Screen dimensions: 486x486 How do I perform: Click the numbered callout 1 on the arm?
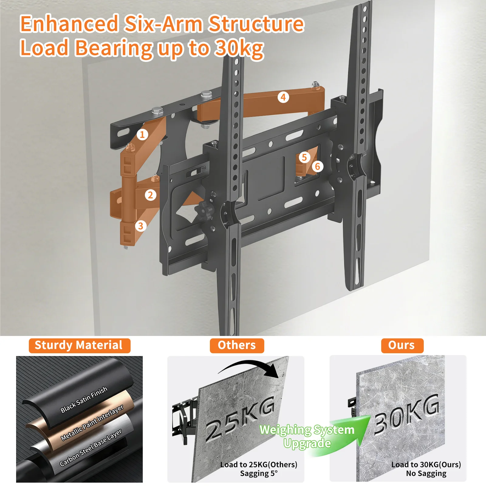(x=142, y=134)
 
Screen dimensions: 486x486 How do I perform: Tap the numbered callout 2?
(x=150, y=195)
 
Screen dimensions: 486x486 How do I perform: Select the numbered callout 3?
(x=140, y=226)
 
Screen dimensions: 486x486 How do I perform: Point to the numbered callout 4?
(x=283, y=97)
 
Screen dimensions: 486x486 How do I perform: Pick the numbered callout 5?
(x=304, y=157)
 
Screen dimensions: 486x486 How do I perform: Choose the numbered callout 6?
(x=317, y=166)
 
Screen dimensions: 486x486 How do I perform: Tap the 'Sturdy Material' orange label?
(x=80, y=346)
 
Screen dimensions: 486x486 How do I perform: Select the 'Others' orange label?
(x=237, y=346)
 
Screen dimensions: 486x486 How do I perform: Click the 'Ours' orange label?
(x=402, y=346)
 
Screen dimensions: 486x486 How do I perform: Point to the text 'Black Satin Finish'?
(x=84, y=399)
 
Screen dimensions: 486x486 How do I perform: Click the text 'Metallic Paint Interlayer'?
(x=92, y=423)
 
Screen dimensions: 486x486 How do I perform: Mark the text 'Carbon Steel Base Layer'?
(x=91, y=447)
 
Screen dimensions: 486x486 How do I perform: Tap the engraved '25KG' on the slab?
(x=240, y=419)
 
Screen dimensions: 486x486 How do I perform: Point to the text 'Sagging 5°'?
(x=259, y=474)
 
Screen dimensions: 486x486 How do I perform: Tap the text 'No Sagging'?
(x=426, y=474)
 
